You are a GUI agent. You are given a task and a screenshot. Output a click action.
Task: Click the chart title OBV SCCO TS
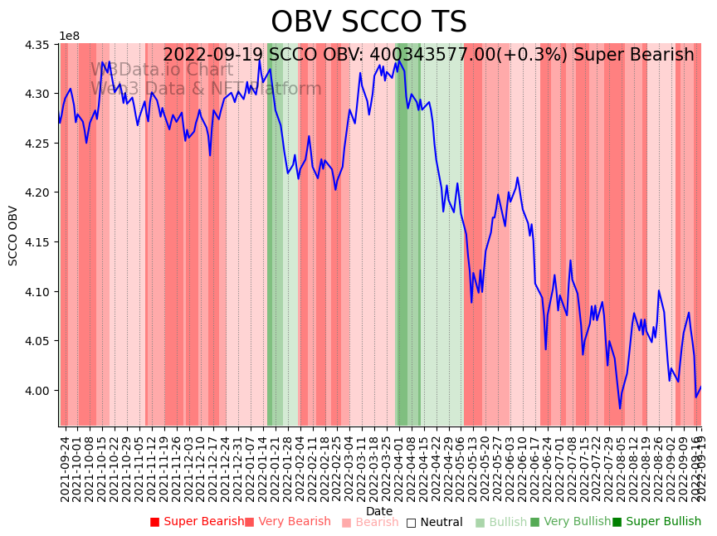point(368,22)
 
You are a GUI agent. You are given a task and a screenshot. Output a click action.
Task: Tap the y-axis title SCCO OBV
point(13,235)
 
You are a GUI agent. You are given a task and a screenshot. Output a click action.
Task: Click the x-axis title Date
point(379,511)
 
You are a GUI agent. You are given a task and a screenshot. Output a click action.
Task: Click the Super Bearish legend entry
point(197,522)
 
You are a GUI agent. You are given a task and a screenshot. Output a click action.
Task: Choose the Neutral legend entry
point(434,522)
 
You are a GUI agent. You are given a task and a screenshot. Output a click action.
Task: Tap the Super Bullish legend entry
point(656,522)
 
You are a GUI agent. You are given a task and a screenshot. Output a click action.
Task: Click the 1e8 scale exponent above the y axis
point(70,37)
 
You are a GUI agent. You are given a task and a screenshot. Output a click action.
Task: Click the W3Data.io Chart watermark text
point(162,70)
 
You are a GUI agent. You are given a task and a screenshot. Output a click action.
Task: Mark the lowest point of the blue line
point(619,408)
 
